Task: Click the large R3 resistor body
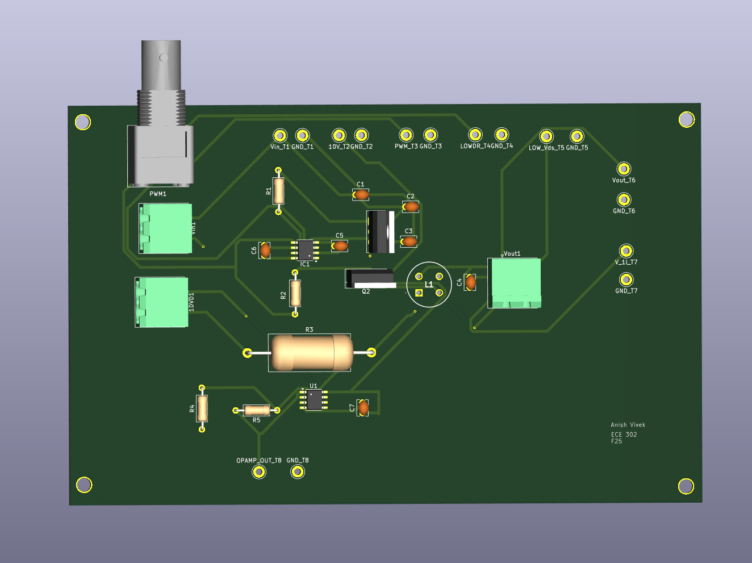click(311, 352)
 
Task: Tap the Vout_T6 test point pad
click(624, 169)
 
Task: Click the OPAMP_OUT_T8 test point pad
click(259, 472)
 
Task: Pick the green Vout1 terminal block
click(514, 282)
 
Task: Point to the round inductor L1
click(429, 284)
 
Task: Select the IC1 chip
click(305, 249)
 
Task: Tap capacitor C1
click(361, 195)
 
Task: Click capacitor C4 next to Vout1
click(470, 281)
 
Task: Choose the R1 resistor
click(278, 190)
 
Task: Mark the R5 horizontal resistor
click(257, 410)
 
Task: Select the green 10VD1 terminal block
click(162, 302)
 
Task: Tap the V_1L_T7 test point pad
click(626, 251)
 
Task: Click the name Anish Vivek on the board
click(628, 425)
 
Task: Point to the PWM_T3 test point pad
click(406, 135)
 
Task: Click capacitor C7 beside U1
click(363, 407)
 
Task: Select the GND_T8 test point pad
click(298, 472)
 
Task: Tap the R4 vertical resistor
click(202, 408)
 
